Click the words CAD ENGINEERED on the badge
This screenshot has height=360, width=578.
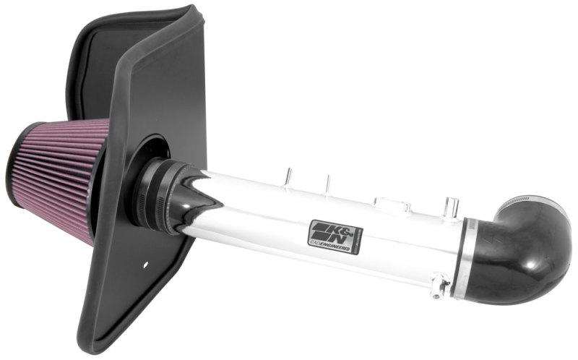tap(335, 248)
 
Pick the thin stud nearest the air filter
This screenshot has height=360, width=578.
tap(287, 176)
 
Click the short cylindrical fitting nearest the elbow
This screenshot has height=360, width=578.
tap(452, 205)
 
